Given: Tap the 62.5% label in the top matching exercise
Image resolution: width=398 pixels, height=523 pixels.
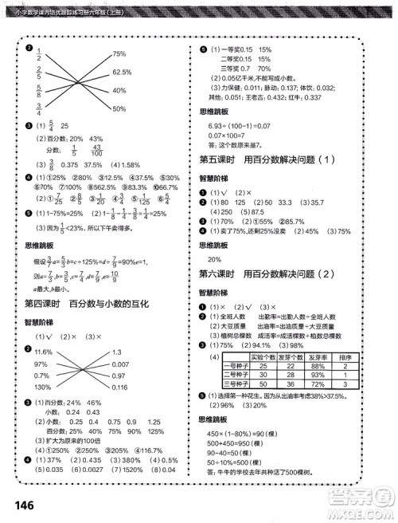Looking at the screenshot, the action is [121, 71].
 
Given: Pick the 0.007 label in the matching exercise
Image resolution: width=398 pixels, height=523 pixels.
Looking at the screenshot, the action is [121, 364].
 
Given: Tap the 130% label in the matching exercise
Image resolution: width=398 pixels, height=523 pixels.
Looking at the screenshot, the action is [42, 388].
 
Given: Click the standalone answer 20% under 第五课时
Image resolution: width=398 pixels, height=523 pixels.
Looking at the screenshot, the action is [214, 260].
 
